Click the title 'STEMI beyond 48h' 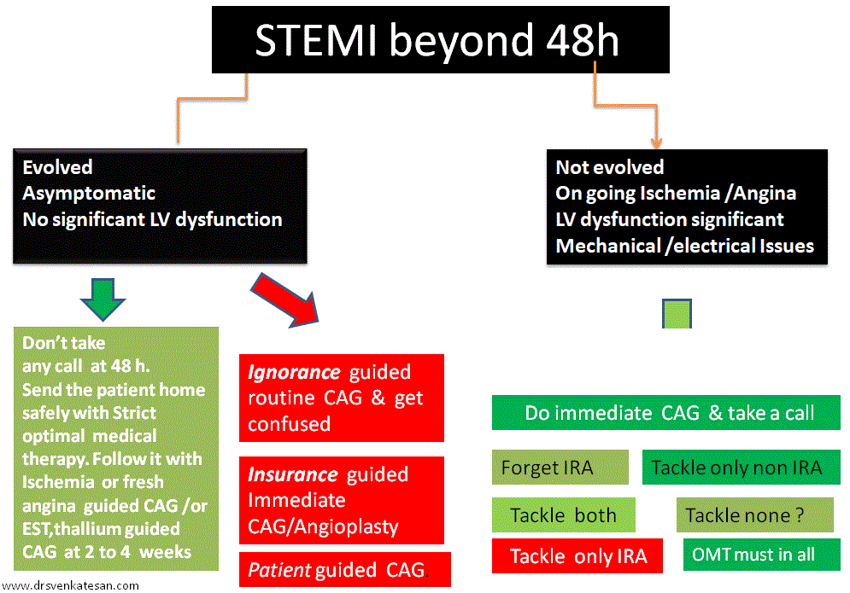(x=436, y=41)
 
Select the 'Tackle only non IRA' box (x=736, y=468)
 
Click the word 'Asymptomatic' (x=89, y=194)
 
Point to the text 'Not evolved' (x=609, y=167)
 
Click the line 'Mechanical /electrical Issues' (x=684, y=247)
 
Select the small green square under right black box (x=677, y=314)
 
